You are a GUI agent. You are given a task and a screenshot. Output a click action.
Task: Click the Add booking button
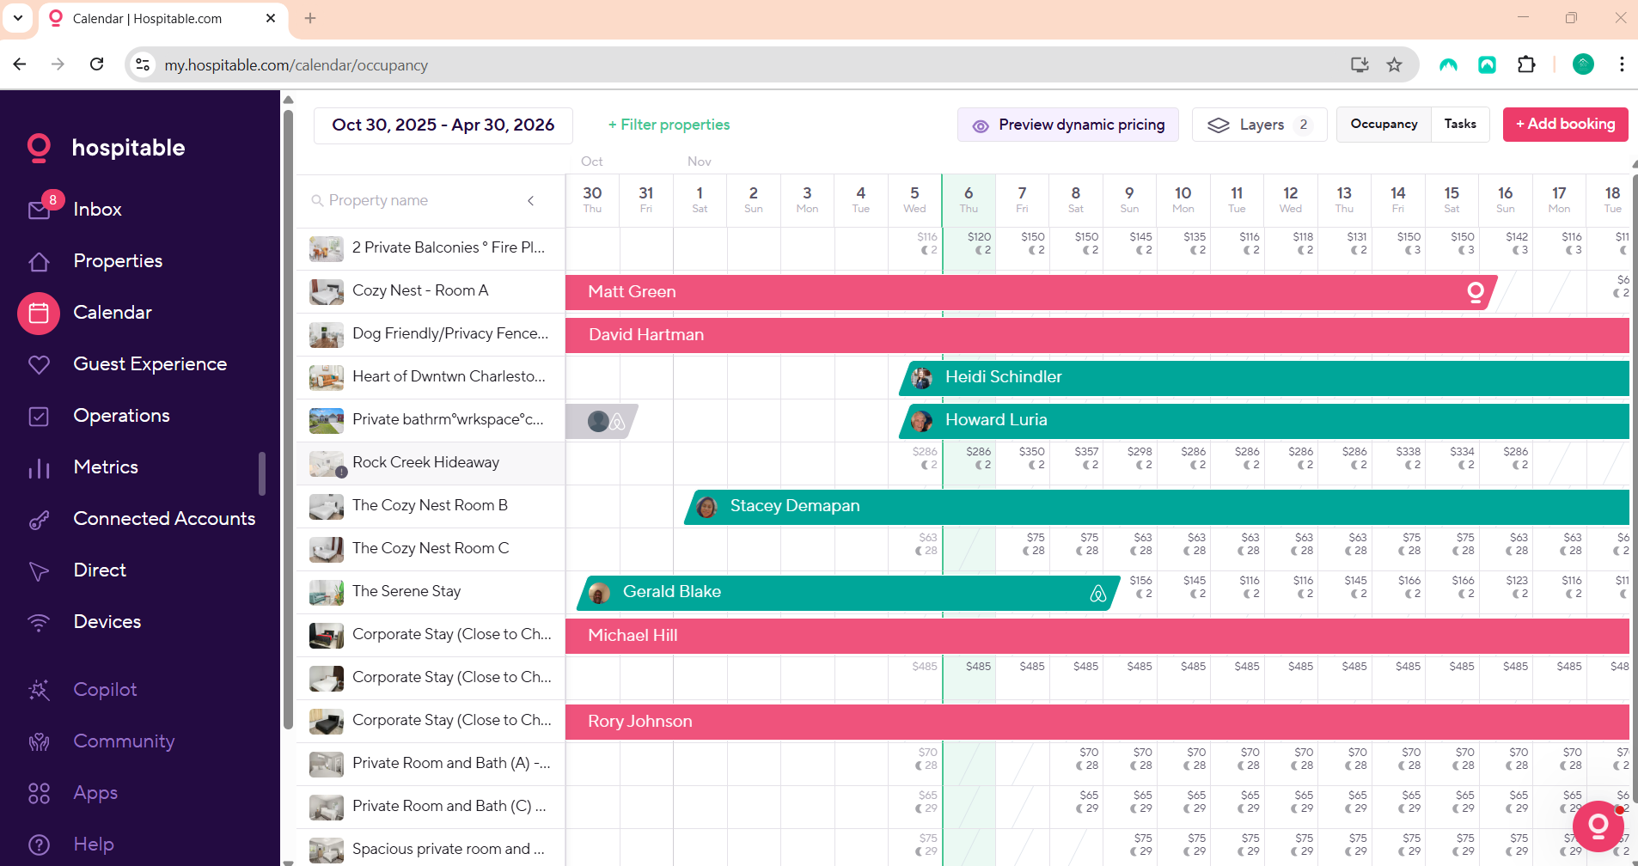pyautogui.click(x=1565, y=125)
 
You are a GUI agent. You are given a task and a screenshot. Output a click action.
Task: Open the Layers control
pyautogui.click(x=1259, y=125)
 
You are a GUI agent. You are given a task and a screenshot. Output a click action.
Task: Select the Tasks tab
pyautogui.click(x=1459, y=125)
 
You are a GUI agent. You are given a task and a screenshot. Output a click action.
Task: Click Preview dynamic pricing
pyautogui.click(x=1068, y=125)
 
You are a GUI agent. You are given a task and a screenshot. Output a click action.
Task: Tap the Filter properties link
pyautogui.click(x=669, y=125)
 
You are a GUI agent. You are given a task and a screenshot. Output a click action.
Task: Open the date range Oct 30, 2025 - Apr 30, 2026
pyautogui.click(x=443, y=125)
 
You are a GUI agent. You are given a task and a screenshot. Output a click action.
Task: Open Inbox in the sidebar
pyautogui.click(x=97, y=210)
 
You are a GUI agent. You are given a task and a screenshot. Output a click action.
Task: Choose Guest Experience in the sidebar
pyautogui.click(x=150, y=364)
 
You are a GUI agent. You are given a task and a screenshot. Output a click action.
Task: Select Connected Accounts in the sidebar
pyautogui.click(x=164, y=519)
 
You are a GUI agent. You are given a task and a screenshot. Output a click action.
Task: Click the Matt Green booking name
pyautogui.click(x=632, y=292)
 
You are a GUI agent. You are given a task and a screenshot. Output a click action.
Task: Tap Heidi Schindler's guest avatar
pyautogui.click(x=921, y=377)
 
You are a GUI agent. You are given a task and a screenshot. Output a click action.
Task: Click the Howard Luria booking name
pyautogui.click(x=995, y=420)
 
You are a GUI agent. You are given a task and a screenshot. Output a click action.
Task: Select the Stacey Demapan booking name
pyautogui.click(x=794, y=506)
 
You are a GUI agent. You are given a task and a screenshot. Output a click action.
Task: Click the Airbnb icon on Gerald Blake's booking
pyautogui.click(x=1097, y=594)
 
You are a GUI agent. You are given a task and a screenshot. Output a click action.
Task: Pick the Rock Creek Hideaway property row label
pyautogui.click(x=425, y=462)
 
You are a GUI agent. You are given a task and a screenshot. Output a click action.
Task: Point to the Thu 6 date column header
pyautogui.click(x=969, y=199)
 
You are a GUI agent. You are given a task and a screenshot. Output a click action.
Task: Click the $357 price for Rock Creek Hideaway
pyautogui.click(x=1086, y=452)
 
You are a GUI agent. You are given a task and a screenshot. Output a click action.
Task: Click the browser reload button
pyautogui.click(x=97, y=64)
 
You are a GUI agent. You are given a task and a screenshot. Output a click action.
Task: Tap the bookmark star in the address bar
pyautogui.click(x=1394, y=64)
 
